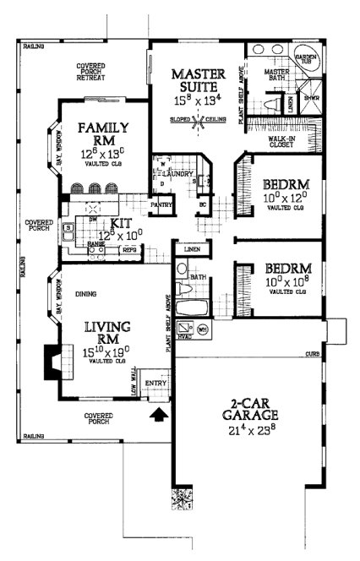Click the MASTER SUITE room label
[x=197, y=79]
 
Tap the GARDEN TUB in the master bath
[x=305, y=60]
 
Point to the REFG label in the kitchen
[x=128, y=250]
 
